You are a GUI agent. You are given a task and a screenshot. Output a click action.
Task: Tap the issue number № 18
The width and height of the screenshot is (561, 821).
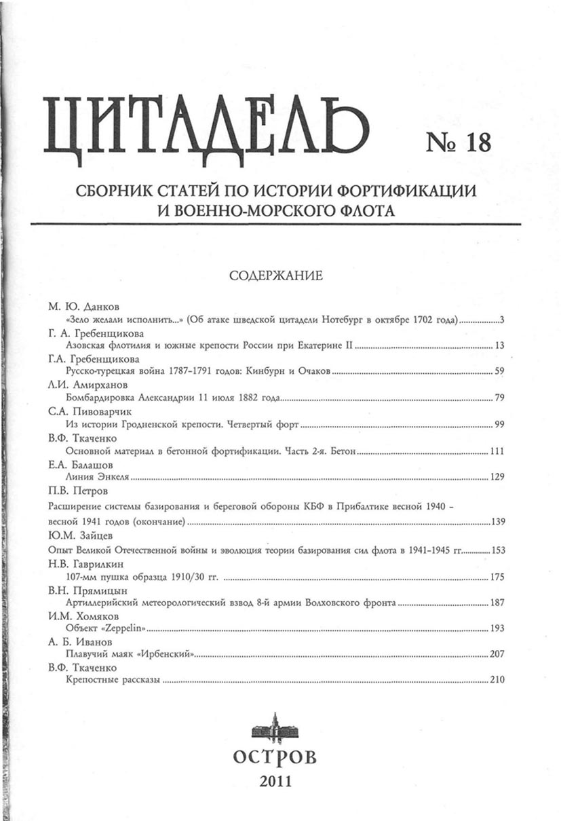pyautogui.click(x=457, y=142)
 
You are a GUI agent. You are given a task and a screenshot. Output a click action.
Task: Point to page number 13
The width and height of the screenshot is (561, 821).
pyautogui.click(x=500, y=346)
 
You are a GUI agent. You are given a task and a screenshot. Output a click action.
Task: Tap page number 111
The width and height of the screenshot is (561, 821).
pyautogui.click(x=498, y=452)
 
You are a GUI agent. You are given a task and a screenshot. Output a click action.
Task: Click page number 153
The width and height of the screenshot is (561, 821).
pyautogui.click(x=497, y=550)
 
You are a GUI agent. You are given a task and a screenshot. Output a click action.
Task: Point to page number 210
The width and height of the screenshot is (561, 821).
pyautogui.click(x=497, y=681)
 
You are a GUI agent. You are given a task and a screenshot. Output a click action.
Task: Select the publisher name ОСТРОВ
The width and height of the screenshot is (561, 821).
pyautogui.click(x=275, y=757)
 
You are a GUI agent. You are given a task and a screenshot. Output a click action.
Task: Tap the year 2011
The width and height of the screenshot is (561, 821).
pyautogui.click(x=275, y=781)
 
